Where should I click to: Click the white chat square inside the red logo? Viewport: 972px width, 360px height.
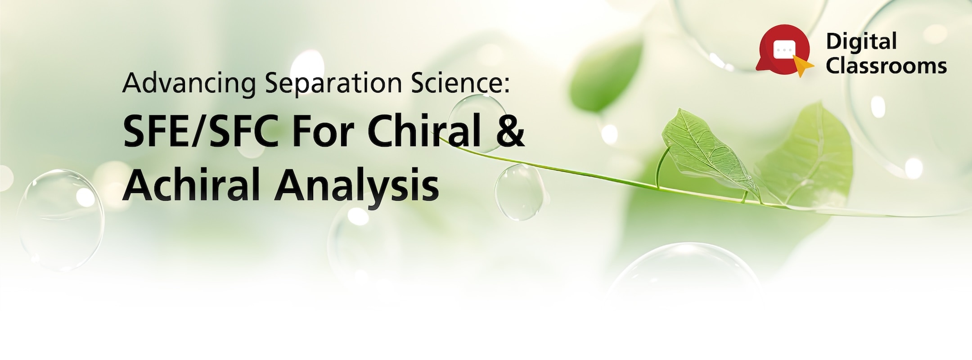784,47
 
